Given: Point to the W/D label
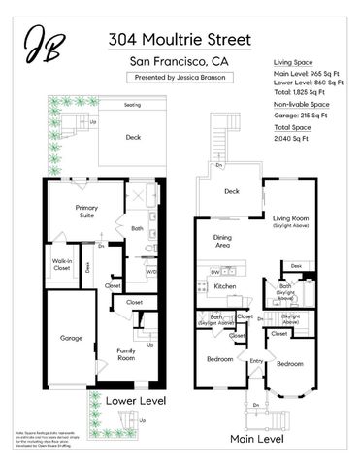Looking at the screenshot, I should coord(151,271).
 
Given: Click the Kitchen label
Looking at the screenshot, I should coord(225,287).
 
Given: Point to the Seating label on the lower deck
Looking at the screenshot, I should coord(132,105).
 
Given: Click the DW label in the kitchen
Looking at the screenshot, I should coord(213,273).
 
